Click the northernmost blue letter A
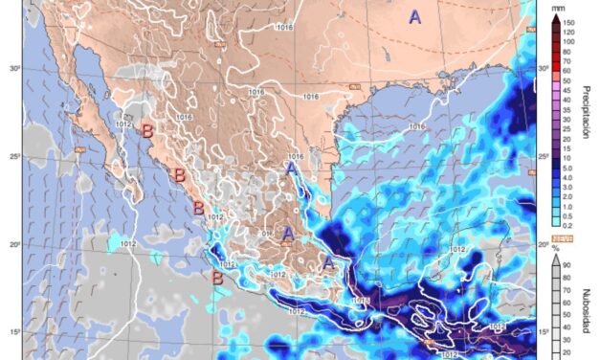pos(414,16)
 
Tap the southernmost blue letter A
pos(327,259)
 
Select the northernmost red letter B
pos(147,131)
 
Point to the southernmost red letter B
pos(218,279)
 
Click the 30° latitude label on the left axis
pos(14,69)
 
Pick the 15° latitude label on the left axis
pos(14,332)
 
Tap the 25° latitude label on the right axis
pos(544,156)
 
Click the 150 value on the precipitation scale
pos(568,21)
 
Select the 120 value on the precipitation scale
pos(568,31)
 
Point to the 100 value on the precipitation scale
pos(568,41)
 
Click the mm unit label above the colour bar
pos(568,9)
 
